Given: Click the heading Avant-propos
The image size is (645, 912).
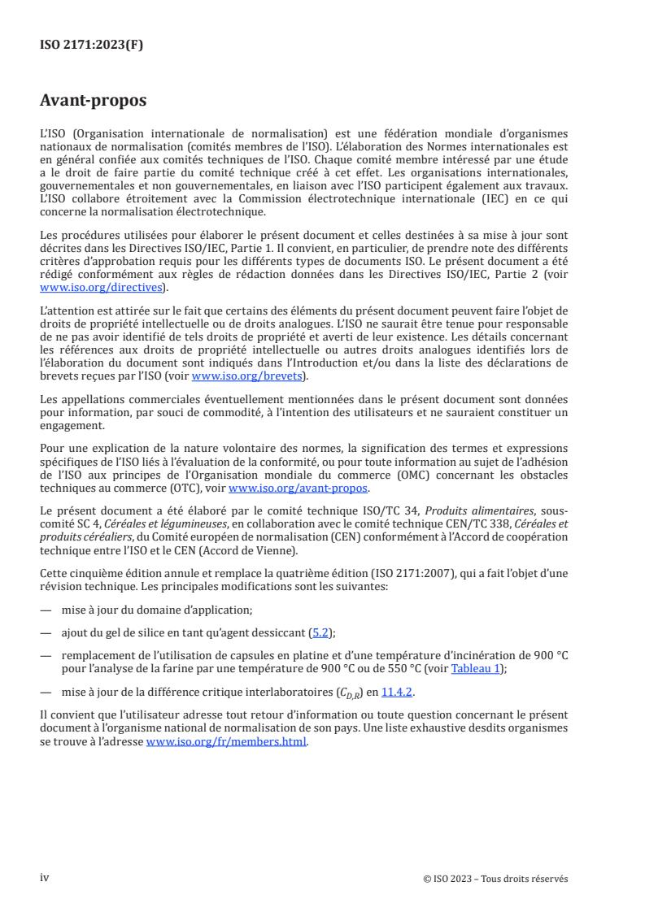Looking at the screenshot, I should (x=94, y=101).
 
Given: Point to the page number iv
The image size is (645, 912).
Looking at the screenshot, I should (x=45, y=877).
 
